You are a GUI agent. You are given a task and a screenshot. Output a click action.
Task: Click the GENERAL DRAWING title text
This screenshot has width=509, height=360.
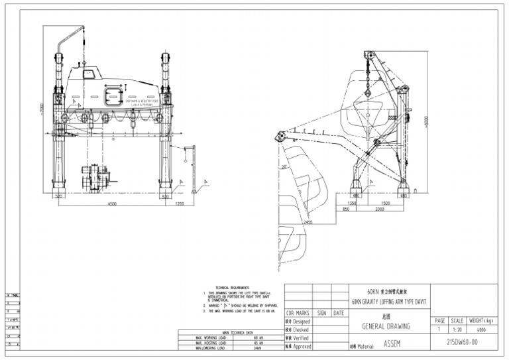click(387, 326)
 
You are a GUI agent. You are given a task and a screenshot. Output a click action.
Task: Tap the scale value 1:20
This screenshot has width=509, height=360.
click(457, 328)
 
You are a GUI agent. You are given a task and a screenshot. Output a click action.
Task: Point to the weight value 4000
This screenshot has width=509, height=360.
click(482, 328)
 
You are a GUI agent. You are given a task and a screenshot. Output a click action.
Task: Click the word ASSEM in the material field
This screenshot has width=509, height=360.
click(392, 345)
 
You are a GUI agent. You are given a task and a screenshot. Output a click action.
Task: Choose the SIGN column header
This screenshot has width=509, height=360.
click(321, 312)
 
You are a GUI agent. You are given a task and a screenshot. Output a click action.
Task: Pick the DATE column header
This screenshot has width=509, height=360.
click(339, 312)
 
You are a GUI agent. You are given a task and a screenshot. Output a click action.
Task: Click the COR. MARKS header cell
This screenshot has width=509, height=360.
click(298, 312)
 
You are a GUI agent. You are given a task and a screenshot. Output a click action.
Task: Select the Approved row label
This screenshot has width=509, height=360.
click(300, 346)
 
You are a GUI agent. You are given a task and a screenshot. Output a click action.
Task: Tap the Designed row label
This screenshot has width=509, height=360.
click(300, 321)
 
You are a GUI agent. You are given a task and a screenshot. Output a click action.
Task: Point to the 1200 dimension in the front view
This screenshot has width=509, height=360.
click(180, 204)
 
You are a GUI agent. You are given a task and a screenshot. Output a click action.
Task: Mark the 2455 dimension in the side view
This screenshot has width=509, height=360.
click(308, 223)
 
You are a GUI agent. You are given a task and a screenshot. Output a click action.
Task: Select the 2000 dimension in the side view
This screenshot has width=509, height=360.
click(379, 209)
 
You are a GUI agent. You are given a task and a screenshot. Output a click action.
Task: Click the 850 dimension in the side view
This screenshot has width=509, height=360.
click(345, 209)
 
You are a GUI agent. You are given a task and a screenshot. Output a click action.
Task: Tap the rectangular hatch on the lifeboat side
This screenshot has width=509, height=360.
click(114, 95)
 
